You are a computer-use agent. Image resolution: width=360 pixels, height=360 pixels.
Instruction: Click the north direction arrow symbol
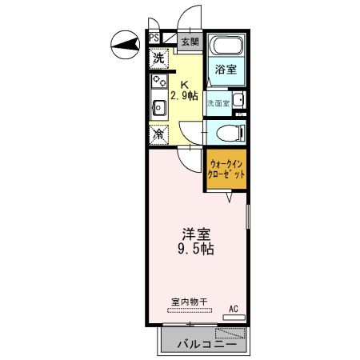[x=122, y=45]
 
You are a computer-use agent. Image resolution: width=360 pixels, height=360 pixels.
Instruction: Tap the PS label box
[x=153, y=37]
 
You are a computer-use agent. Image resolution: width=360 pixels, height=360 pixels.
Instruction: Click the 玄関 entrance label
[x=188, y=42]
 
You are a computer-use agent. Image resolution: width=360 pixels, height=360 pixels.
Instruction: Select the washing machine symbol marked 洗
[x=158, y=58]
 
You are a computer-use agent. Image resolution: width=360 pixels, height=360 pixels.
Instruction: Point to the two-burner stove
[x=158, y=81]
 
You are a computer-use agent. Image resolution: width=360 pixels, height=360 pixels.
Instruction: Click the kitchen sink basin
[x=157, y=106]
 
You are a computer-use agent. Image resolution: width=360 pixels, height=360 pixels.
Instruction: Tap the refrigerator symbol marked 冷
[x=158, y=134]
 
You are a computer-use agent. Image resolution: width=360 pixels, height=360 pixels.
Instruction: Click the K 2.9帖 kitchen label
[x=186, y=89]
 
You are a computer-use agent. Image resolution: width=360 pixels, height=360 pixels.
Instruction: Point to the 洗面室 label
[x=218, y=103]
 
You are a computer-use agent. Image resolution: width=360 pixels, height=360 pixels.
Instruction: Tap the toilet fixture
[x=231, y=132]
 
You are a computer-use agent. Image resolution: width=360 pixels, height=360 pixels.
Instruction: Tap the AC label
[x=234, y=308]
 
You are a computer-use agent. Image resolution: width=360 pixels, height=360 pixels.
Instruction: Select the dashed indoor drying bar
[x=189, y=310]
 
